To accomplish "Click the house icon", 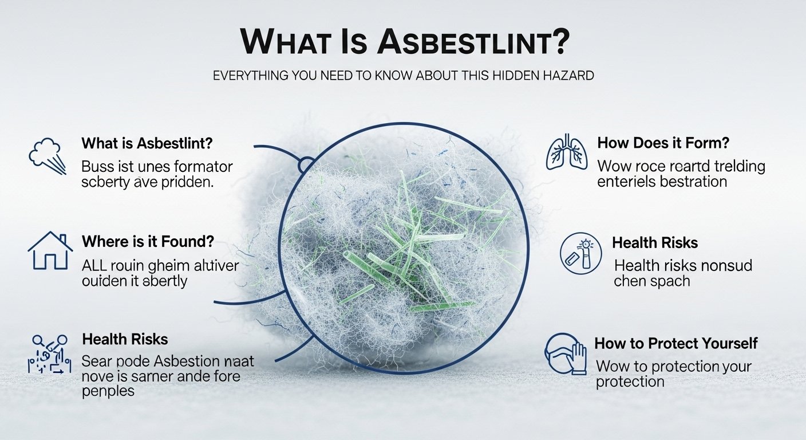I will (50, 250).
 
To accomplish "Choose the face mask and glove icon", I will (565, 353).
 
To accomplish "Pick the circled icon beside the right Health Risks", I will (580, 253).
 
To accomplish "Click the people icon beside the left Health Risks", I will (49, 354).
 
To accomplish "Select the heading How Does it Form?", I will (663, 143).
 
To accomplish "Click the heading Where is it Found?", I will (148, 242).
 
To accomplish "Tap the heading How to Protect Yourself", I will (676, 343).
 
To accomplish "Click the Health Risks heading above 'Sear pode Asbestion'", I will (125, 339).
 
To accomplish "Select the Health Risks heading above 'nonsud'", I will (655, 243).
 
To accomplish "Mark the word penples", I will (108, 392).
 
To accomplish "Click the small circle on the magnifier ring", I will (306, 166).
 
